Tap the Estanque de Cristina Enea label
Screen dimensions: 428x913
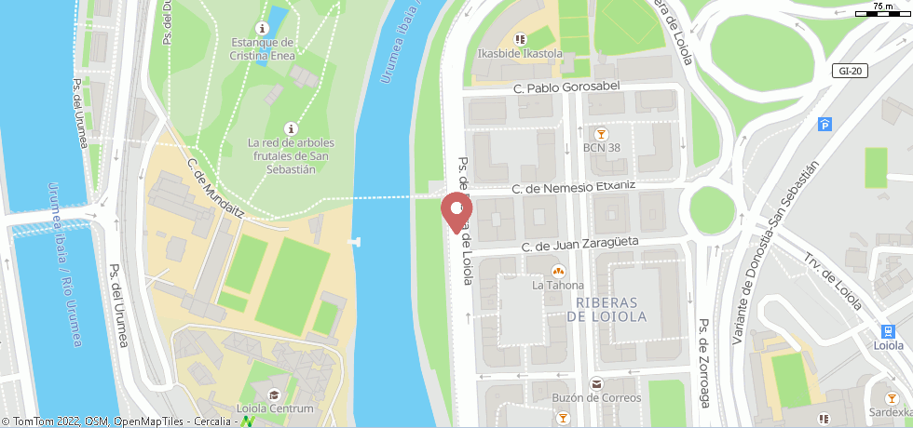click(263, 48)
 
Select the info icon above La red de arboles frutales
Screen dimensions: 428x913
click(291, 127)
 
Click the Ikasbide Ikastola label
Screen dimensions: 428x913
click(519, 53)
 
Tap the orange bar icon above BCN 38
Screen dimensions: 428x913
click(602, 132)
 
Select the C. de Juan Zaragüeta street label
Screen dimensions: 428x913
click(579, 245)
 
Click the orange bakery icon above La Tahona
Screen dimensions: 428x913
click(558, 271)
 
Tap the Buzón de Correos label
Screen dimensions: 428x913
click(596, 397)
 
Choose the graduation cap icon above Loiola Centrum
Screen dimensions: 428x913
click(274, 394)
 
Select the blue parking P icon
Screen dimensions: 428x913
click(824, 125)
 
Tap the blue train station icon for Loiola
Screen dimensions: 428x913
click(888, 330)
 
